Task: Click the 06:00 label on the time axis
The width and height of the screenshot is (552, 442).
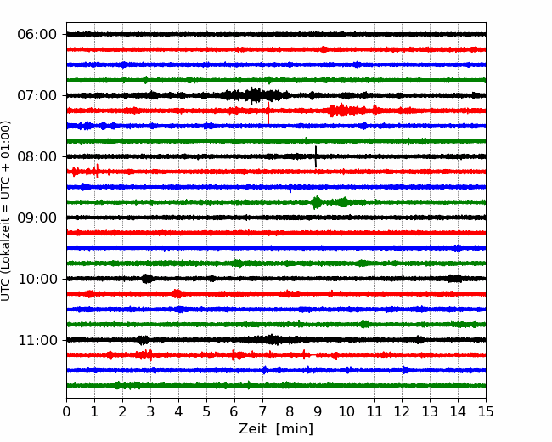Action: pos(37,35)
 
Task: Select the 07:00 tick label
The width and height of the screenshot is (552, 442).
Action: pos(37,95)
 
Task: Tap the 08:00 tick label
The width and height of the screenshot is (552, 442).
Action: pos(37,156)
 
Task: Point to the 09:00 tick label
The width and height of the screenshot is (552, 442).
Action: pos(37,218)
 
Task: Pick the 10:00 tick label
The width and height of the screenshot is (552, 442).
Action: pos(37,279)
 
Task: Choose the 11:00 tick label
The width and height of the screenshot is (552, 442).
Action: pos(37,340)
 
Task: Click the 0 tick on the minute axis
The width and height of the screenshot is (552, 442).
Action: pos(66,411)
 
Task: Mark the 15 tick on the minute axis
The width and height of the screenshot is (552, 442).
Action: pos(486,411)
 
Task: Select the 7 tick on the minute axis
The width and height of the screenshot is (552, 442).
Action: pos(262,411)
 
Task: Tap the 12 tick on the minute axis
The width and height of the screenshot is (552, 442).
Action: pos(402,411)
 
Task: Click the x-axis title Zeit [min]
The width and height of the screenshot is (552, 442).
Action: pos(276,429)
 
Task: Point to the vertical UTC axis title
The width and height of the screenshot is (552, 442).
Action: pos(5,211)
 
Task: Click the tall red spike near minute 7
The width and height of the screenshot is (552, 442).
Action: pos(268,113)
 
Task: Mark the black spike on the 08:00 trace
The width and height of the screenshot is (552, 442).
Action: pos(316,156)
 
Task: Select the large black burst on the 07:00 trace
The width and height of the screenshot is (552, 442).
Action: pos(253,95)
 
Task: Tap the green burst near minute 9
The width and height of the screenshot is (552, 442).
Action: pos(317,202)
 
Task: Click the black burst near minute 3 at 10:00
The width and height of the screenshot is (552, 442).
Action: pos(147,279)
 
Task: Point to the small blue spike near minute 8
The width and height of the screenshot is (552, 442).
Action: pos(290,188)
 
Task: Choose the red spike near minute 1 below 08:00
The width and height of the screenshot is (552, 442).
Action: pos(97,172)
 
